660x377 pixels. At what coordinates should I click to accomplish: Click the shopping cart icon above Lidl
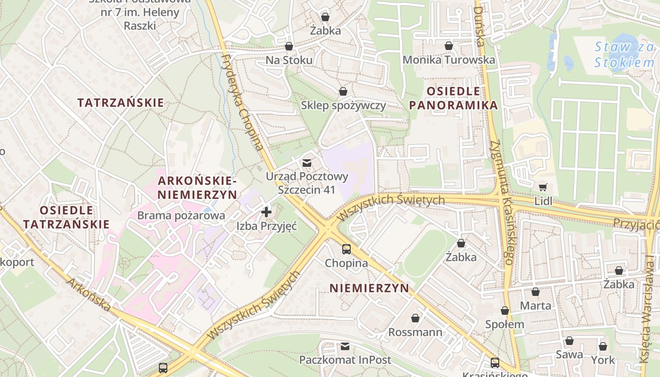(x=543, y=187)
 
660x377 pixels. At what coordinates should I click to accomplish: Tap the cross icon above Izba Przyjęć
(x=266, y=212)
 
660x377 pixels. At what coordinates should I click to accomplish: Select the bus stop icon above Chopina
(x=346, y=249)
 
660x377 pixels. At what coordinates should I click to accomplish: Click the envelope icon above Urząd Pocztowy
(x=307, y=163)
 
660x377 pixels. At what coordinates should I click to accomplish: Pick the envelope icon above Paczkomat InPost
(x=345, y=346)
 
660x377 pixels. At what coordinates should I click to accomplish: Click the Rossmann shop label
(x=415, y=332)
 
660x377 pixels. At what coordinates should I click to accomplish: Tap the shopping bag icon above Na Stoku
(x=289, y=46)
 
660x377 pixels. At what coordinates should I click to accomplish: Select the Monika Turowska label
(x=449, y=60)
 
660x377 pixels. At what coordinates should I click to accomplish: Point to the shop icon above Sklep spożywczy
(x=343, y=91)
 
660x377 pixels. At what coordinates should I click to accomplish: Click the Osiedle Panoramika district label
(x=454, y=98)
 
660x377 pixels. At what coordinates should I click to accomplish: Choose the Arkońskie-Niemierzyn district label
(x=198, y=188)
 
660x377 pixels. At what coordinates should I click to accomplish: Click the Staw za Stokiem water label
(x=624, y=55)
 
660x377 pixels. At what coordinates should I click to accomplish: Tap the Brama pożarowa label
(x=181, y=215)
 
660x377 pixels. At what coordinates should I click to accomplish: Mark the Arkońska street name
(x=89, y=295)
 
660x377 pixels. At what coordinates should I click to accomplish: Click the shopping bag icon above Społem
(x=505, y=311)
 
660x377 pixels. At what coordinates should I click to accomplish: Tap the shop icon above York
(x=603, y=347)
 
